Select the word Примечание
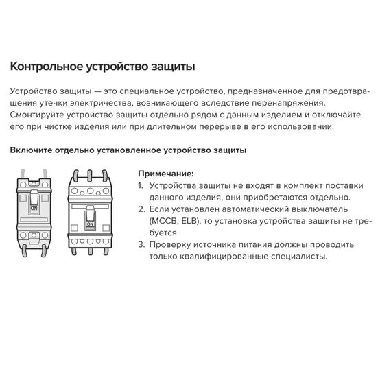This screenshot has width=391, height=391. click(165, 174)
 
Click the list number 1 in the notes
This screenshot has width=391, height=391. click(141, 186)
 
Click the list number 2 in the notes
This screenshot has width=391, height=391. click(141, 209)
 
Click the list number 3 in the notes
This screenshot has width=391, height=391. click(141, 244)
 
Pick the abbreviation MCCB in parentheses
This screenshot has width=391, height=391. click(163, 221)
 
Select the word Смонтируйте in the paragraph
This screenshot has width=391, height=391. click(40, 115)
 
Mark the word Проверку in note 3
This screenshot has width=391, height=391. click(170, 244)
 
